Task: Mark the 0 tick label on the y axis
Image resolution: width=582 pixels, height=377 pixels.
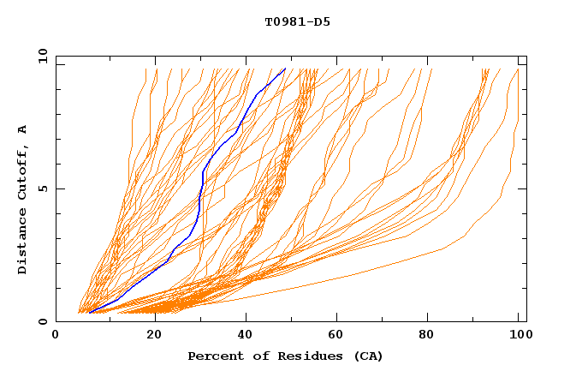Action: pos(43,322)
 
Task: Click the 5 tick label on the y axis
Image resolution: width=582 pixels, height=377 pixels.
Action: pos(43,188)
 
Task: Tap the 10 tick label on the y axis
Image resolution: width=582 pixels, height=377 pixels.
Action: pos(39,56)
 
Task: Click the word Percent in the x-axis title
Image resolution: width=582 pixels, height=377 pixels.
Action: pos(213,356)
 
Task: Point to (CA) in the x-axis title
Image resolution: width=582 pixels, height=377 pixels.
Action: pos(368,356)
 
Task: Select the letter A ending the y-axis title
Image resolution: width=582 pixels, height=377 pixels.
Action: pos(22,129)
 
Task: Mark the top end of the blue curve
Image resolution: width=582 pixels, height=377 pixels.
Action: pos(285,69)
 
